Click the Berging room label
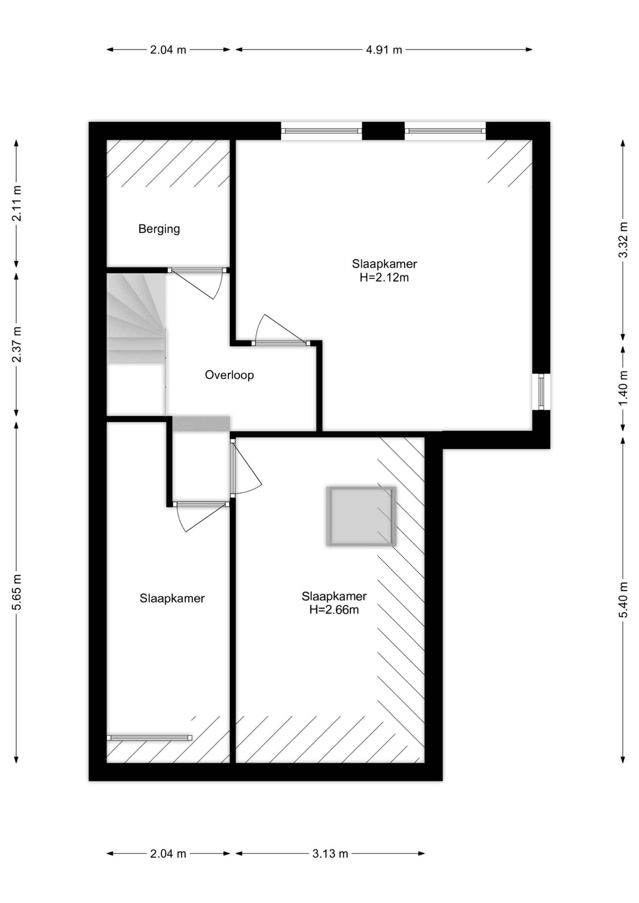pos(159,229)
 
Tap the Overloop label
pos(229,375)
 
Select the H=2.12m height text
pos(384,278)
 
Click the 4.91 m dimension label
pos(384,50)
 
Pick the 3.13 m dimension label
pos(330,854)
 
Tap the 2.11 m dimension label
pos(17,203)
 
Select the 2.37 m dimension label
pos(17,344)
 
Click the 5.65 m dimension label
pos(17,592)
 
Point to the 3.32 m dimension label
pos(623,240)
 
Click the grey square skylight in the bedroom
pos(361,516)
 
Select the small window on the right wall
pos(541,392)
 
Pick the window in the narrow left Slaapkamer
pos(149,738)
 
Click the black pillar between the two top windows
pos(383,131)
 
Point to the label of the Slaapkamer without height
pos(172,598)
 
